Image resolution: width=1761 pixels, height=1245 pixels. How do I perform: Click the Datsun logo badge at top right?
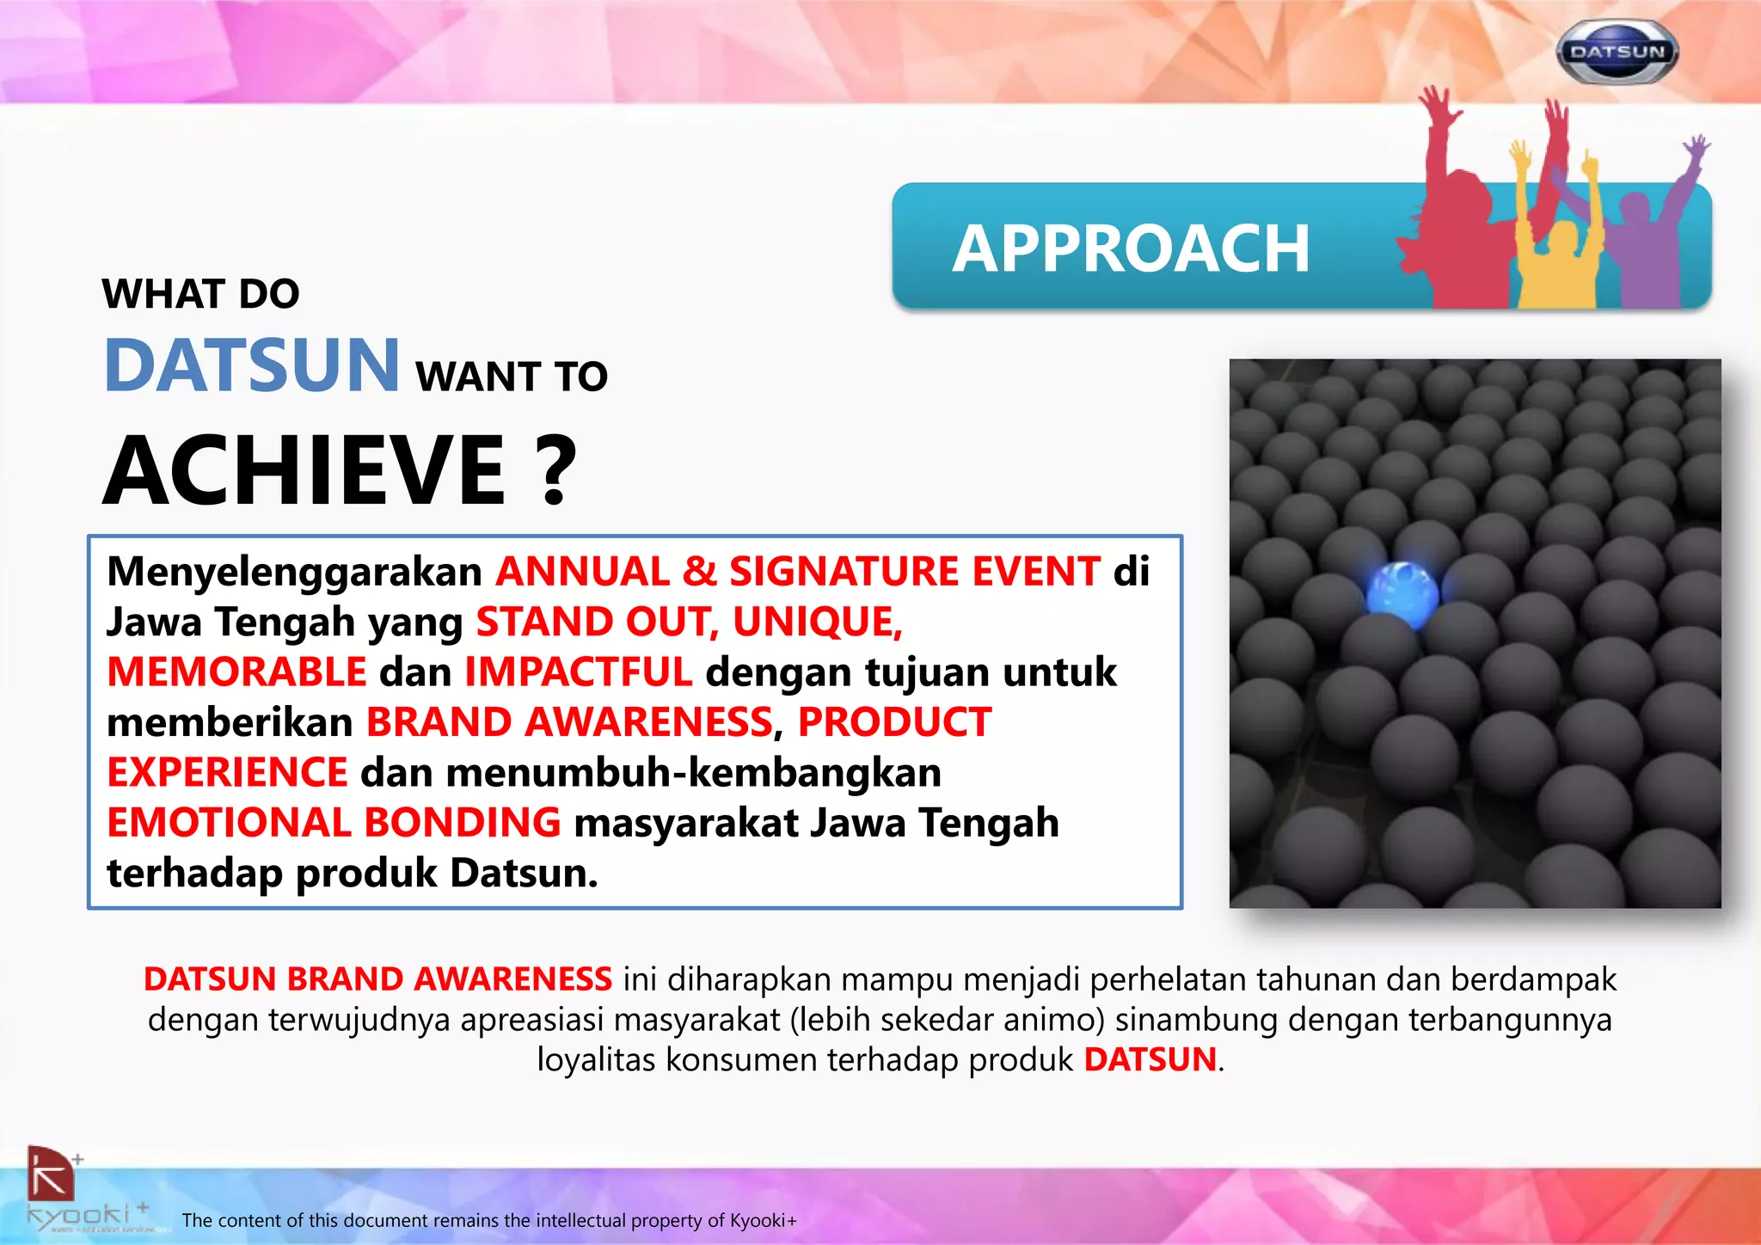1617,52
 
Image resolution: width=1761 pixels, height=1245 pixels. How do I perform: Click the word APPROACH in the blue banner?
1130,249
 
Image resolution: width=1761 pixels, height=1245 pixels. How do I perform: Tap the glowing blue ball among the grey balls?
1402,590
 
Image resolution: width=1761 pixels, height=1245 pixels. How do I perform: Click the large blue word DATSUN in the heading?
252,365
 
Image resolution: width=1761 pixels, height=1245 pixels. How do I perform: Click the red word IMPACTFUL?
578,672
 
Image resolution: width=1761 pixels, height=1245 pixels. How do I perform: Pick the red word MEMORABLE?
237,672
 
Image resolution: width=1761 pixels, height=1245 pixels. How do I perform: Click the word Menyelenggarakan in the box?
294,573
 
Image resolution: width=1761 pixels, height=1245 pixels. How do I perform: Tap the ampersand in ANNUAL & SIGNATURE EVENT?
699,573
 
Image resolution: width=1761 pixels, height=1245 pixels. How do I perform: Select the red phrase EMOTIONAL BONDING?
334,823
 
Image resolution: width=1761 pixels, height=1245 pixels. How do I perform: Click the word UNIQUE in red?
817,622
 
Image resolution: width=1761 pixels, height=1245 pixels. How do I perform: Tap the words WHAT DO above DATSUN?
201,294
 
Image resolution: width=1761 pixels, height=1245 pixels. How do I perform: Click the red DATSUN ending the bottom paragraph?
1150,1060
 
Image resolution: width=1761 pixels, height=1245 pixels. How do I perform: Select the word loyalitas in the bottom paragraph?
597,1060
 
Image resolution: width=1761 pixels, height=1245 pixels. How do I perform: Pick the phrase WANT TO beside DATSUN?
512,377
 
